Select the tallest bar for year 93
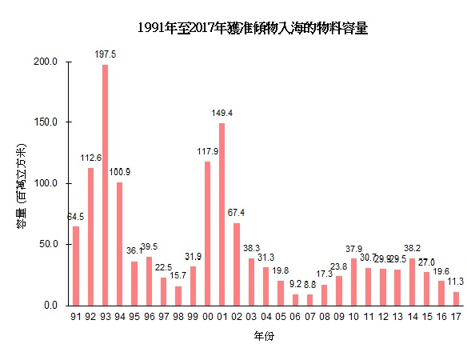(x=105, y=185)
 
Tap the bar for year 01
(x=222, y=214)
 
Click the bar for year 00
(x=207, y=234)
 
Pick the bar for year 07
(x=309, y=300)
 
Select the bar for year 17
(x=456, y=298)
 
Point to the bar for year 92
(x=90, y=237)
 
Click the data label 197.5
(x=105, y=54)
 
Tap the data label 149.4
(x=222, y=113)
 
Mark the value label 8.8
(x=309, y=284)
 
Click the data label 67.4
(x=236, y=213)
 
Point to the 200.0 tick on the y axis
(x=49, y=62)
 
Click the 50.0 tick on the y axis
(x=51, y=245)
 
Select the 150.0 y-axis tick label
(x=49, y=122)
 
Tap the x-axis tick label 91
(x=75, y=318)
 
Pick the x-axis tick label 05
(x=280, y=318)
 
